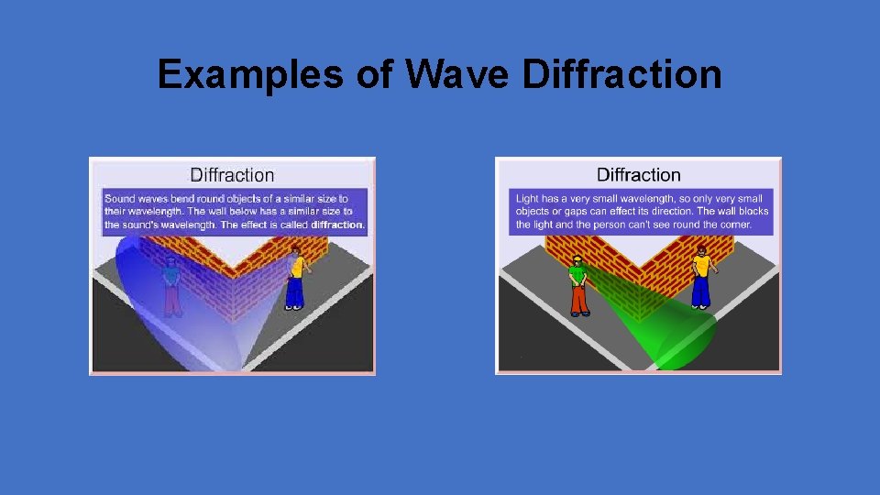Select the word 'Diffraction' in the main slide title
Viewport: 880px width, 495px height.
(x=621, y=74)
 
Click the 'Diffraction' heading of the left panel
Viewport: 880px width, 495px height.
(x=232, y=174)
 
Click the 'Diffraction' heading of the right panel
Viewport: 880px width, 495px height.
(x=639, y=174)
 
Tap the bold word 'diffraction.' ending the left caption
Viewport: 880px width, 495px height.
(x=337, y=225)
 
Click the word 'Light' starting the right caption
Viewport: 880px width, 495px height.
(x=527, y=199)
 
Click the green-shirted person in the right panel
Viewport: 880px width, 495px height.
(x=577, y=285)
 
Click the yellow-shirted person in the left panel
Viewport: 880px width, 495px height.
(x=295, y=277)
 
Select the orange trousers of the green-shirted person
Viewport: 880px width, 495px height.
(x=577, y=299)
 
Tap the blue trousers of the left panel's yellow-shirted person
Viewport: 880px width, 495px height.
(x=294, y=291)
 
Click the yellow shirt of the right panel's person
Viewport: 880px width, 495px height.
(x=701, y=267)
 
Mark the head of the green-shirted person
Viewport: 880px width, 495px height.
(x=577, y=260)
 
